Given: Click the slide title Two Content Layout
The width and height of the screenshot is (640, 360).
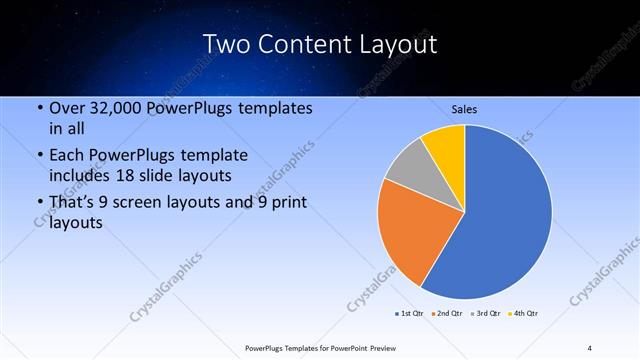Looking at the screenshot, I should pyautogui.click(x=319, y=45).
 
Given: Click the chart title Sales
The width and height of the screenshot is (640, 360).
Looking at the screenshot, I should pyautogui.click(x=465, y=109).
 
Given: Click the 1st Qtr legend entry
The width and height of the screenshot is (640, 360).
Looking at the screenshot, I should pyautogui.click(x=409, y=314).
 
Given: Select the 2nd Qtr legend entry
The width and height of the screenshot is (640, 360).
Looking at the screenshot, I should pyautogui.click(x=447, y=314).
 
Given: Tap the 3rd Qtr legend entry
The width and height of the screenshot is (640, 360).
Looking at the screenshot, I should pyautogui.click(x=486, y=314).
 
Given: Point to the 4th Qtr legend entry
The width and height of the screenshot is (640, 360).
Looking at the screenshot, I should pyautogui.click(x=524, y=314).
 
